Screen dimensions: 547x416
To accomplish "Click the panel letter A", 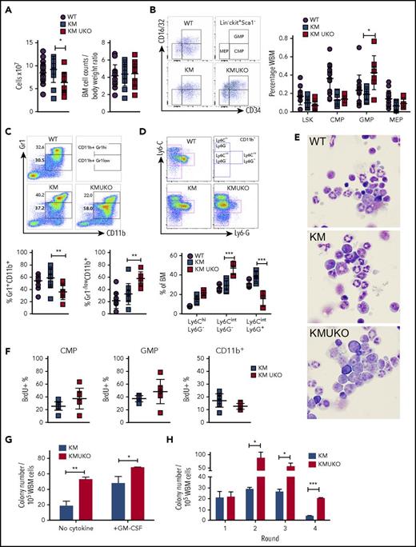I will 7,6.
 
